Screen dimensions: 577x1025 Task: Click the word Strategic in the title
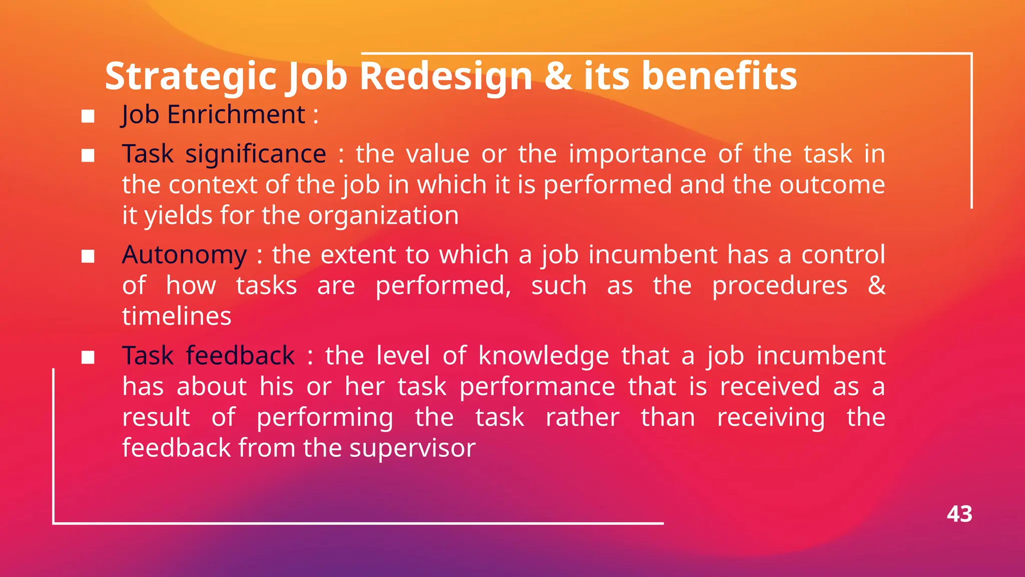(x=191, y=76)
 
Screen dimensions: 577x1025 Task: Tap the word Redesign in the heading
(x=446, y=76)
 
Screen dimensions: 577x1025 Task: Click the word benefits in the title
(x=719, y=76)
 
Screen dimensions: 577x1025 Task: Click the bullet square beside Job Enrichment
(x=88, y=117)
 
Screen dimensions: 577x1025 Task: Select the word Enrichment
(x=236, y=115)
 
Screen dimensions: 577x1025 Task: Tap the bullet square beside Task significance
(x=88, y=156)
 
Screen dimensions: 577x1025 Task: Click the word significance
(x=256, y=154)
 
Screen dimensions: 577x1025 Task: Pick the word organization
(x=383, y=216)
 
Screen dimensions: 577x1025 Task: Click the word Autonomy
(x=184, y=255)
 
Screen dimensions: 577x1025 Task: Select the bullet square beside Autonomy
(x=88, y=257)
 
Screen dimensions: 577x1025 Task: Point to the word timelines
(x=177, y=317)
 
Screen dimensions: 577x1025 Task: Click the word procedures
(x=779, y=286)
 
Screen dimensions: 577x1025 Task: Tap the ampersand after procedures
(x=876, y=285)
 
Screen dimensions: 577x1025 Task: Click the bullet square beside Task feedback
(x=88, y=358)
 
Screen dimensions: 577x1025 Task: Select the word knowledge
(x=544, y=356)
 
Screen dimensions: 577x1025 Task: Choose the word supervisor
(x=412, y=448)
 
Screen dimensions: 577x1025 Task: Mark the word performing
(x=325, y=418)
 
